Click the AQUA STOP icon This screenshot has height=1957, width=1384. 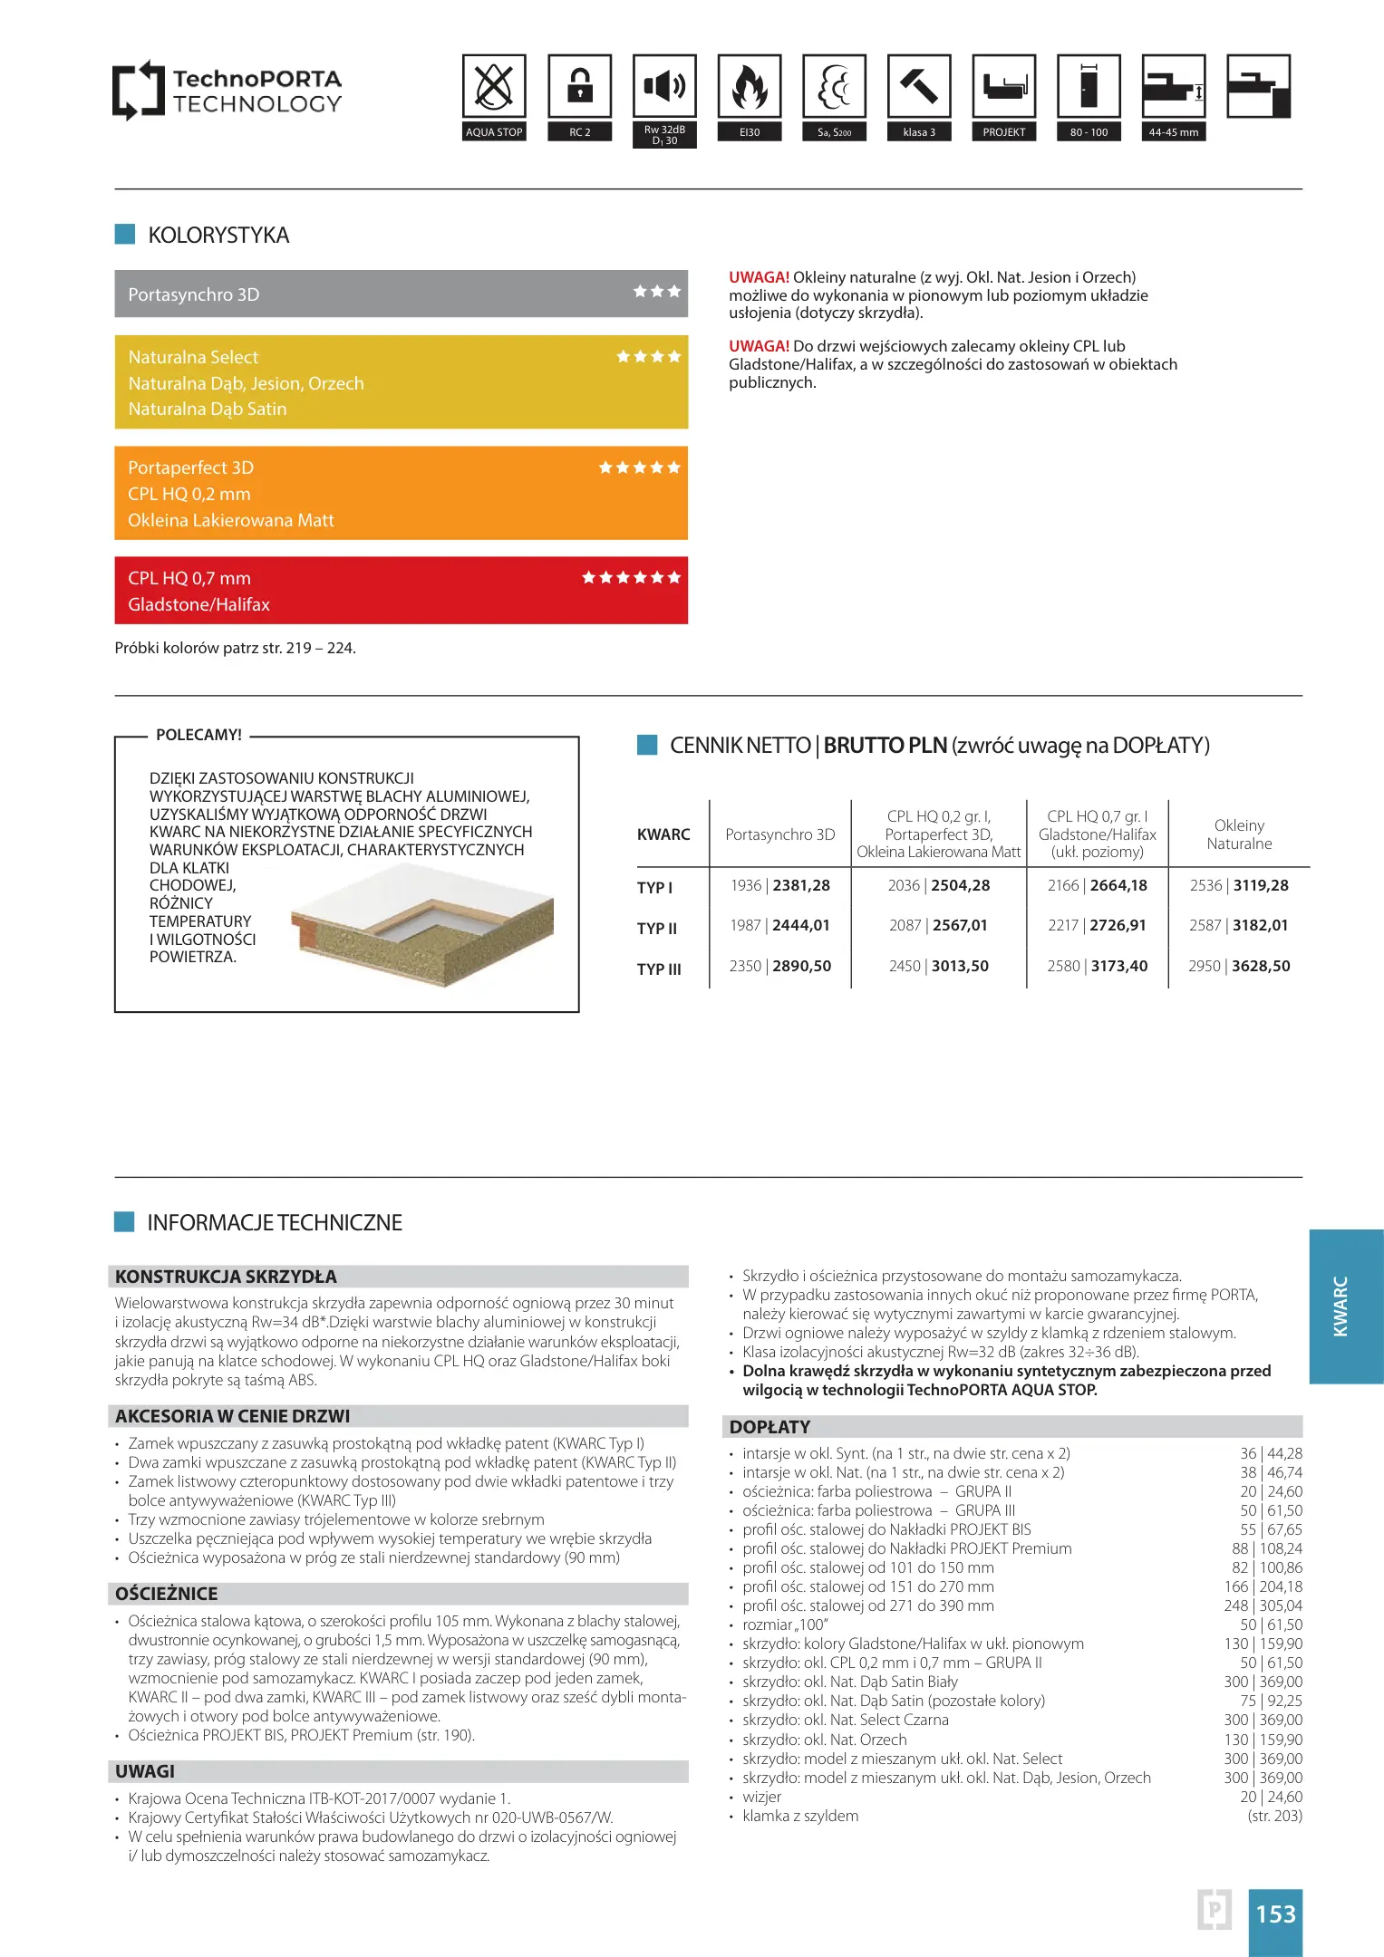tap(494, 87)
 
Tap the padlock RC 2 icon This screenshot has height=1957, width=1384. tap(579, 87)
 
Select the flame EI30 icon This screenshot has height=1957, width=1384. tap(750, 87)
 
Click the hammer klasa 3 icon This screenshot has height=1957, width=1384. tap(919, 87)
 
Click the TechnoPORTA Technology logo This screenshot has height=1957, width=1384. tap(227, 91)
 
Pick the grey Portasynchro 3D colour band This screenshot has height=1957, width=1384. tap(401, 294)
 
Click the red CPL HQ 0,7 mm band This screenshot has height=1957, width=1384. tap(401, 591)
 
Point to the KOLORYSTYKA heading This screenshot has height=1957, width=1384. tap(218, 236)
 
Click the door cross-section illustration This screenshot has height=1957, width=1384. tap(422, 924)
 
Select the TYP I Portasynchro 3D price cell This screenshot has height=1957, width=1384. tap(780, 885)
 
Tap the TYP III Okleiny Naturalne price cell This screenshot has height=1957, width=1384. tap(1239, 966)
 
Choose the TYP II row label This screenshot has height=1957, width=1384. tap(657, 928)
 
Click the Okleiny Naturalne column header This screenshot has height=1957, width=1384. tap(1239, 834)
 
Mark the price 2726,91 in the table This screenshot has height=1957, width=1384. tap(1118, 925)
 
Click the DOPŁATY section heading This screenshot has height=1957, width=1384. tap(770, 1427)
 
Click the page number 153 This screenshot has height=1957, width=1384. tap(1275, 1914)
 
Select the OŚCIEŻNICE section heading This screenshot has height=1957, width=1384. tap(167, 1594)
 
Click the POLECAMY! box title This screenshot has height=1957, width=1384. tap(198, 735)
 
